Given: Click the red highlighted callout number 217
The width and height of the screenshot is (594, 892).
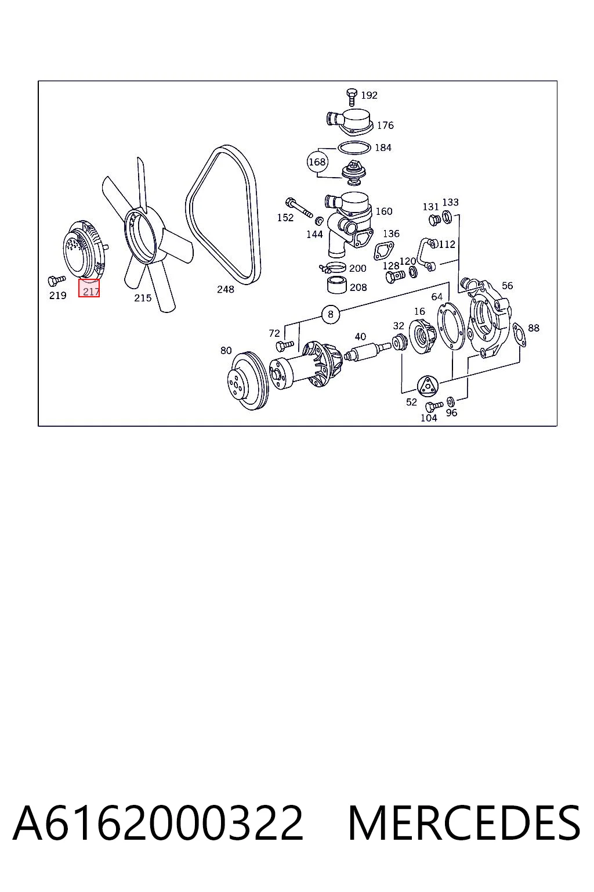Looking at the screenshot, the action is (x=89, y=288).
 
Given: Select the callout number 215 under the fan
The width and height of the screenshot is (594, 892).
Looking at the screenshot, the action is (x=143, y=298).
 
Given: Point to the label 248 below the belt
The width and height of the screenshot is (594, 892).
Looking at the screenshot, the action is (x=226, y=289).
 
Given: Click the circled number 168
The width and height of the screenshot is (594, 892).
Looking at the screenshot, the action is (x=317, y=162).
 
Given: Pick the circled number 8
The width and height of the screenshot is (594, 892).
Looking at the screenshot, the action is (x=331, y=314).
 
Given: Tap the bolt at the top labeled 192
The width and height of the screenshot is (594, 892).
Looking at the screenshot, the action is (x=352, y=97).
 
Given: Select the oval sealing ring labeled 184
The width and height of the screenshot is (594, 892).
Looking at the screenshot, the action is (x=354, y=148).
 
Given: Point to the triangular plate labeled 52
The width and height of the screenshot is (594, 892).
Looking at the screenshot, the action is (x=428, y=386).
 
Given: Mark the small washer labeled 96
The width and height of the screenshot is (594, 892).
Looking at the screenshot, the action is (x=451, y=401).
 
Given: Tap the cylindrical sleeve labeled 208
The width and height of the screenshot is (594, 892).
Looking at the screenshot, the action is (x=336, y=284).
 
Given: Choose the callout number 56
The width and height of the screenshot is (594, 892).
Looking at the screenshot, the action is (x=507, y=286).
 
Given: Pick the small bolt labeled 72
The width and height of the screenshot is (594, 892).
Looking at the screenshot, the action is (x=284, y=346).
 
